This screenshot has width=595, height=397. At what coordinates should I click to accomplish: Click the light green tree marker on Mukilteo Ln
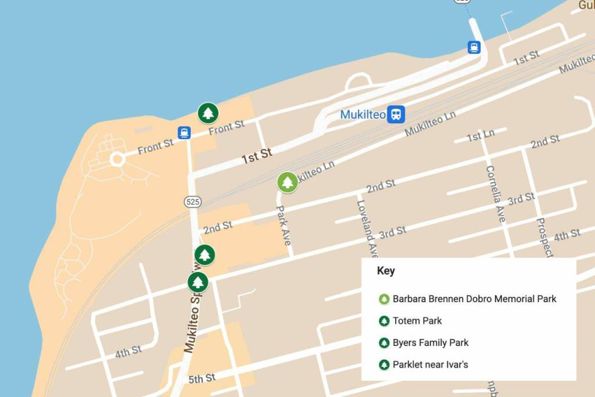tap(286, 183)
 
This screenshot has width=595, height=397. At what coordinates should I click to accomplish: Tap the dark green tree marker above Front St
tap(207, 113)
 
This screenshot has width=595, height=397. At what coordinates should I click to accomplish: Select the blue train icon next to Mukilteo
tap(397, 114)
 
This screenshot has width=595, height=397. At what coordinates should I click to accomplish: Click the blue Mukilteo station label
tap(363, 115)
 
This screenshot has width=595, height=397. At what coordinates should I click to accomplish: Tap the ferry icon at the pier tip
tap(474, 47)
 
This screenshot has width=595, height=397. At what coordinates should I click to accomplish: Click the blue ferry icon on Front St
tap(184, 133)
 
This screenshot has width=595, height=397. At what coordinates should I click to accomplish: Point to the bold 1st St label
tap(257, 155)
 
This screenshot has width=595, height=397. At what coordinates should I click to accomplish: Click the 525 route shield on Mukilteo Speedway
tap(193, 202)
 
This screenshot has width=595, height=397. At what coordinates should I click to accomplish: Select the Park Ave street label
tap(283, 226)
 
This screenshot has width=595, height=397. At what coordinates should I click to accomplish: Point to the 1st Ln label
tap(481, 135)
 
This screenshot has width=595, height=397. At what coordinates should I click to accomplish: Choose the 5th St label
tap(202, 378)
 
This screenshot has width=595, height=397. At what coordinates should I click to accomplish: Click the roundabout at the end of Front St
tap(117, 159)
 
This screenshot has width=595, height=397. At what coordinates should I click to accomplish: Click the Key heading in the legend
tap(386, 271)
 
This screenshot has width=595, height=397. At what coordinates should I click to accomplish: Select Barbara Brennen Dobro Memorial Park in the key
tap(474, 299)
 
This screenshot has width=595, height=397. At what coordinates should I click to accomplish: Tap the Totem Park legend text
tap(417, 321)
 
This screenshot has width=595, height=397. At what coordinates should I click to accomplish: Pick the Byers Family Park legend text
tap(431, 343)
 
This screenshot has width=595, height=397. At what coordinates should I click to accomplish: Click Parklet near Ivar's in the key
tap(431, 365)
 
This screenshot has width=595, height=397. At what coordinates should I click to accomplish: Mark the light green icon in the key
tap(383, 299)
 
